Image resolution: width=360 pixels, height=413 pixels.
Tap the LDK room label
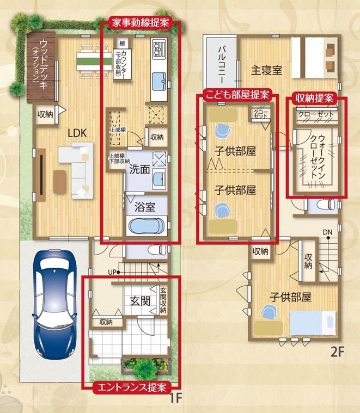pos(77,132)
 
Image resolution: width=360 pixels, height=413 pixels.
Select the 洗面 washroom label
pos(139,169)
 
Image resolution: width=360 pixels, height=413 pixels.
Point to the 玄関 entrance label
pos(139,300)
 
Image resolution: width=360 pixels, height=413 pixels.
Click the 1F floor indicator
pos(175,398)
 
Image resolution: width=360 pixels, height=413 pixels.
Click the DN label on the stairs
pos(327,233)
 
